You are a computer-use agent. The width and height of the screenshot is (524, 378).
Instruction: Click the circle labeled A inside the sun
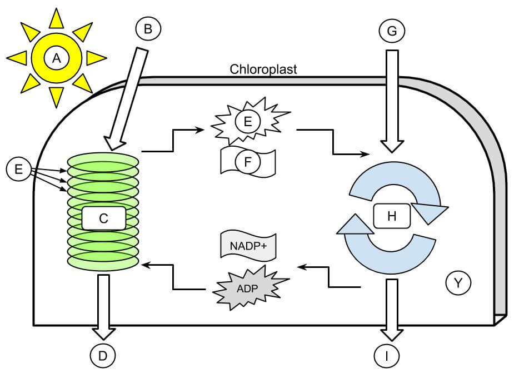tap(55, 57)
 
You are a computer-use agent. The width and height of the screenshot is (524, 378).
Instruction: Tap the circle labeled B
tap(147, 29)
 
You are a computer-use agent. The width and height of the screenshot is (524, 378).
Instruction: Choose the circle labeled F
tap(248, 162)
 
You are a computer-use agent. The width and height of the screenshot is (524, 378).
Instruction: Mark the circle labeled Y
tap(458, 283)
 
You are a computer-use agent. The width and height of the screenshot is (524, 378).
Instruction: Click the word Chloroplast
tap(263, 69)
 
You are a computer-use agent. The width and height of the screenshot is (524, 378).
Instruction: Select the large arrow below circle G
tap(392, 100)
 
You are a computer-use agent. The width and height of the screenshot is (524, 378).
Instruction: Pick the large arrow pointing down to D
tap(103, 306)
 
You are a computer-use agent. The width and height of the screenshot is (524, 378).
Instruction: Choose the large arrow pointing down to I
tap(392, 309)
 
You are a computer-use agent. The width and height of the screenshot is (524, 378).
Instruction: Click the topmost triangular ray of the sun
tap(56, 18)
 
